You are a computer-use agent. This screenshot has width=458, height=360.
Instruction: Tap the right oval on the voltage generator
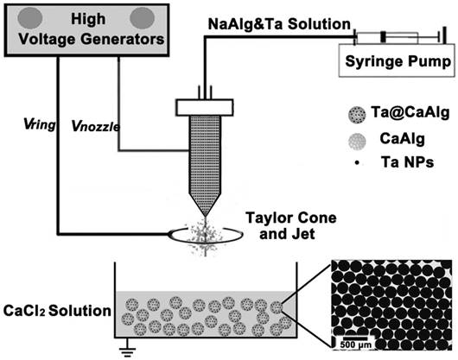144,16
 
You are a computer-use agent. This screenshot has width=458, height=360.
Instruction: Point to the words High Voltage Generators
86,26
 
